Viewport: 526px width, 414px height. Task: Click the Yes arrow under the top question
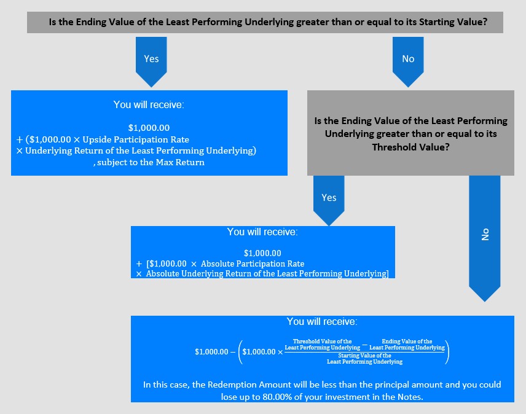coord(151,62)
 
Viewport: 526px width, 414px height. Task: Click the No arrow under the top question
coord(408,62)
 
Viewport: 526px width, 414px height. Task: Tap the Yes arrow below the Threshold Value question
coord(329,200)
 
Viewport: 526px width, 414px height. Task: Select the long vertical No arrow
coord(485,238)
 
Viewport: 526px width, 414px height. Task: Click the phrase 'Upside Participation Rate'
coord(136,139)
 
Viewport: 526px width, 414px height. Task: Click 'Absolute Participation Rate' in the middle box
coord(253,264)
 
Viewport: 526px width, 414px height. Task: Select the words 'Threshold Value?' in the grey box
coord(410,147)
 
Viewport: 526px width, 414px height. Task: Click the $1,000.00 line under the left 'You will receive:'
coord(149,128)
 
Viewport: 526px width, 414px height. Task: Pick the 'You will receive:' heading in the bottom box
coord(322,321)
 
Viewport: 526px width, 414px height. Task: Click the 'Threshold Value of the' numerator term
coord(323,342)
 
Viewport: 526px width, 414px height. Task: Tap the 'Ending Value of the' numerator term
coord(407,342)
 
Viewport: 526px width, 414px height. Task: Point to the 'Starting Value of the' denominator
coord(364,355)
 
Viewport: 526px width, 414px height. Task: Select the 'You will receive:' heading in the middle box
coord(262,232)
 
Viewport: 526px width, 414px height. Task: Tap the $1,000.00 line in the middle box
coord(262,253)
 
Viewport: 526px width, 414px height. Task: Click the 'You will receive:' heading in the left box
coord(149,104)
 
